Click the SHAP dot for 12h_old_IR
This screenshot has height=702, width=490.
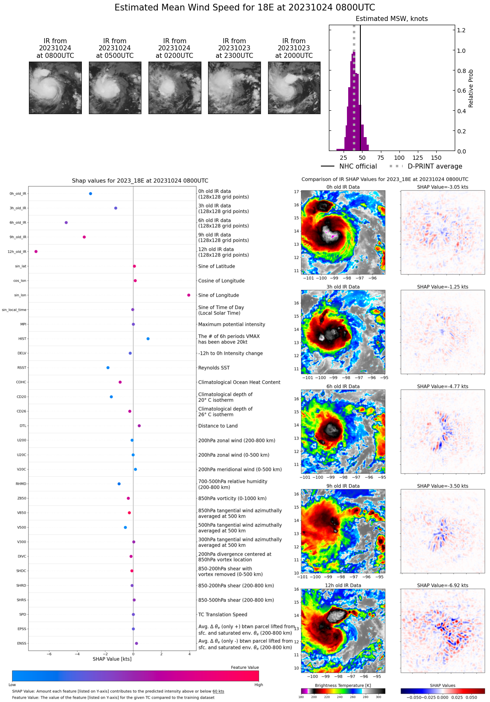(36, 252)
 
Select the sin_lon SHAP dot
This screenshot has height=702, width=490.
(189, 295)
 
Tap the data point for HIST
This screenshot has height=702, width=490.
(148, 339)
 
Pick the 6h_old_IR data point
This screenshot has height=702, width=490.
(66, 223)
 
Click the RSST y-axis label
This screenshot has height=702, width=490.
(22, 368)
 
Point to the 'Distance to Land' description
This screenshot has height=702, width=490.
(218, 426)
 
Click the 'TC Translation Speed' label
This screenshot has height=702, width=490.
(222, 615)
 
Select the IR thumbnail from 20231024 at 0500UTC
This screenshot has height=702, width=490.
(115, 88)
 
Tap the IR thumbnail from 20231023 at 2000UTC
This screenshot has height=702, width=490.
(294, 88)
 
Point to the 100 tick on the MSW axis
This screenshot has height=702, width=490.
(399, 158)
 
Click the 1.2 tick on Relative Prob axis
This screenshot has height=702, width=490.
(461, 31)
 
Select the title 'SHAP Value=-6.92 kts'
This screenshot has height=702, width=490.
(443, 585)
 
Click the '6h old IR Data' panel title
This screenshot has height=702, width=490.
(343, 387)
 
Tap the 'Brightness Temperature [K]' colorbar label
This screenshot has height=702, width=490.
(343, 686)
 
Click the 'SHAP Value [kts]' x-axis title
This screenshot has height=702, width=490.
(112, 659)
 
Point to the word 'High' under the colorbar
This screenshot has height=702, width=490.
(258, 685)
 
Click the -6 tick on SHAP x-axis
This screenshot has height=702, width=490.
(49, 654)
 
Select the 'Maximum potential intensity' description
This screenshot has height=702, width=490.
(232, 325)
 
